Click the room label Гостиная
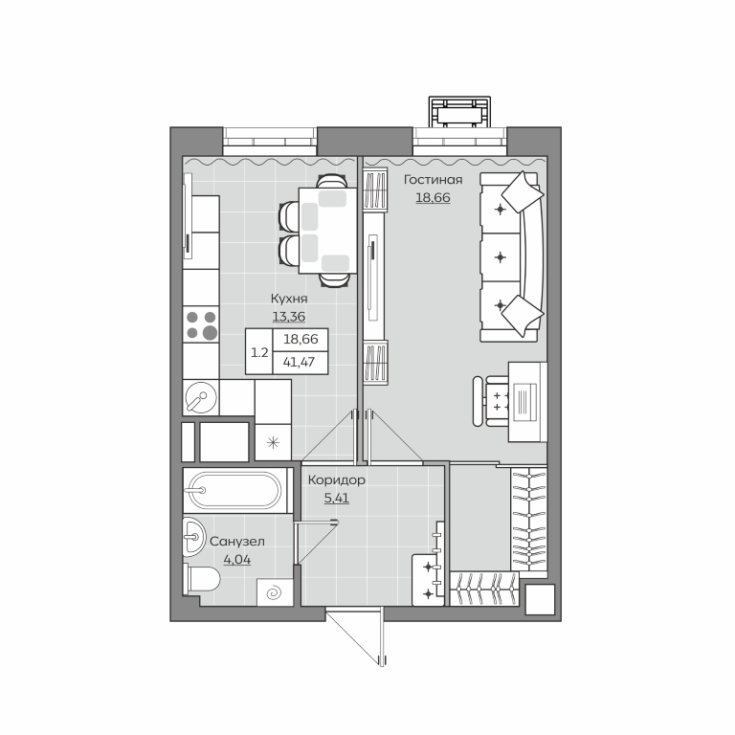click(x=434, y=180)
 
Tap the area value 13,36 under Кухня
click(x=289, y=317)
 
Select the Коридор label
click(x=337, y=480)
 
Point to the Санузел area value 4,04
click(x=237, y=560)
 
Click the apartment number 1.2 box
click(x=259, y=352)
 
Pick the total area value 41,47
click(x=299, y=363)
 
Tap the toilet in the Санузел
click(x=202, y=580)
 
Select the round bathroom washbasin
click(x=193, y=537)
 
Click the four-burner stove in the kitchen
click(x=201, y=324)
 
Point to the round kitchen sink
click(x=202, y=397)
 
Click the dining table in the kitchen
click(x=328, y=230)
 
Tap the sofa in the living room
click(x=511, y=256)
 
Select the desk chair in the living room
click(x=492, y=401)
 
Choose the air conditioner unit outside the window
click(x=459, y=112)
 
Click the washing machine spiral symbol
click(x=276, y=593)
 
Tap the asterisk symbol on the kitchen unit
click(x=273, y=442)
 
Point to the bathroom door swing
click(x=315, y=543)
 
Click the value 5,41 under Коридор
click(x=337, y=498)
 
